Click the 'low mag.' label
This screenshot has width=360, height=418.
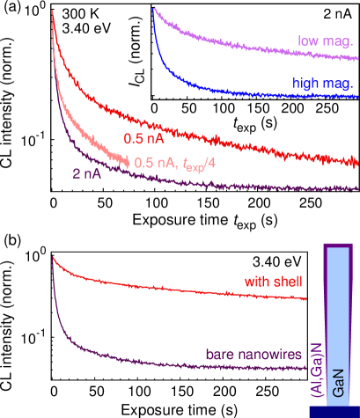[x=325, y=40]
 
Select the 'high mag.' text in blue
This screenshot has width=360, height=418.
[x=323, y=83]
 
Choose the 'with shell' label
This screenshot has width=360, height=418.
[x=274, y=281]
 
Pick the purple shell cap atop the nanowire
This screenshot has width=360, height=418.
[x=342, y=245]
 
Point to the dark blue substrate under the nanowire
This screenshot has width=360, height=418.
[x=334, y=412]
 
